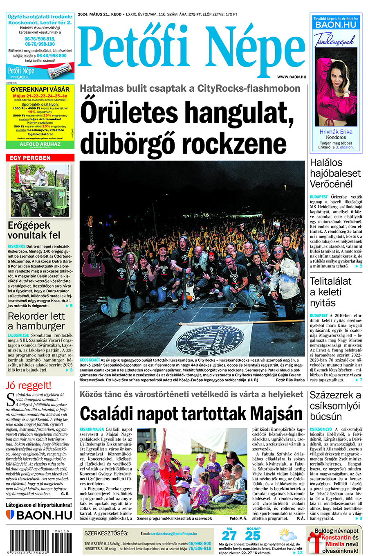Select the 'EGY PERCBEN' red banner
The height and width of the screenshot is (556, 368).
point(40,158)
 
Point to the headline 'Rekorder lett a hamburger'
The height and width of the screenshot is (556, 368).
point(36,321)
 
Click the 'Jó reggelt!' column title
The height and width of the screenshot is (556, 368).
point(29,385)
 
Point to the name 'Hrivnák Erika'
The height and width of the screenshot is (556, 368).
point(336,132)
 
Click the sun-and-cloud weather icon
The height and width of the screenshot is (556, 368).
point(288,535)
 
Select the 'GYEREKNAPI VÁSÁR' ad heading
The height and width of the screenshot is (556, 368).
point(40,89)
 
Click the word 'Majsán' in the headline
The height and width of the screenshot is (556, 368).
point(276,414)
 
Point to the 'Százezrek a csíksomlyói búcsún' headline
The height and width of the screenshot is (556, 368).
point(335,406)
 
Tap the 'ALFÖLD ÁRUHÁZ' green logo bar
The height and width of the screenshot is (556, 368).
point(40,144)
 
